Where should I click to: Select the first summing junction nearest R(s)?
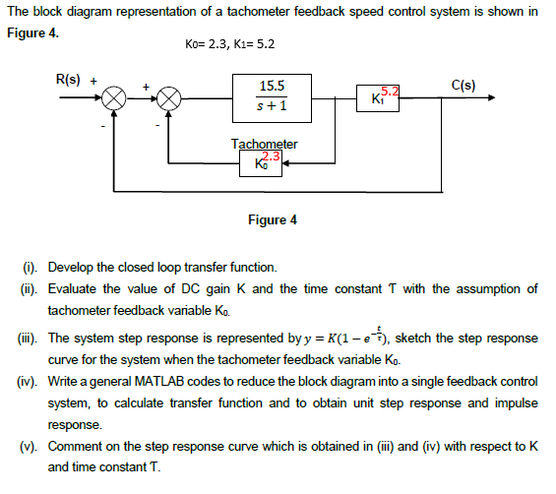coord(115,99)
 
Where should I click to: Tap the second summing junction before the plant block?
coord(172,99)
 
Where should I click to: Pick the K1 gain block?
coord(377,98)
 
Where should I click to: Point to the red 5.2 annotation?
coord(389,92)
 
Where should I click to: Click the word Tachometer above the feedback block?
coord(264,144)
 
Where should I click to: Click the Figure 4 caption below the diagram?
coord(273,219)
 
